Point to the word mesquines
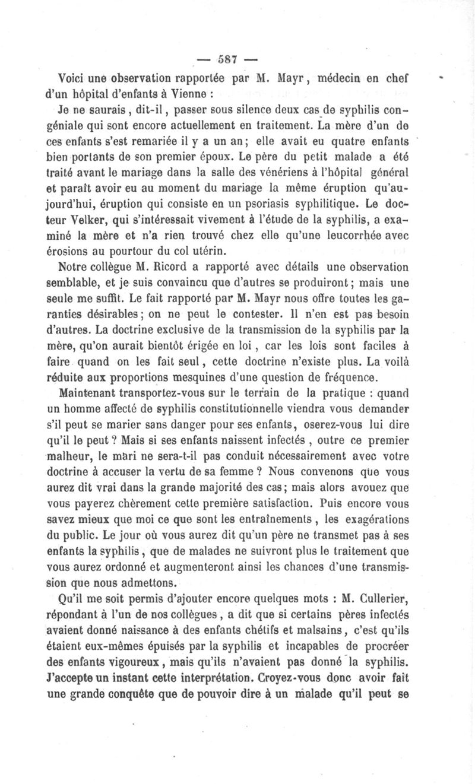click(x=230, y=379)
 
